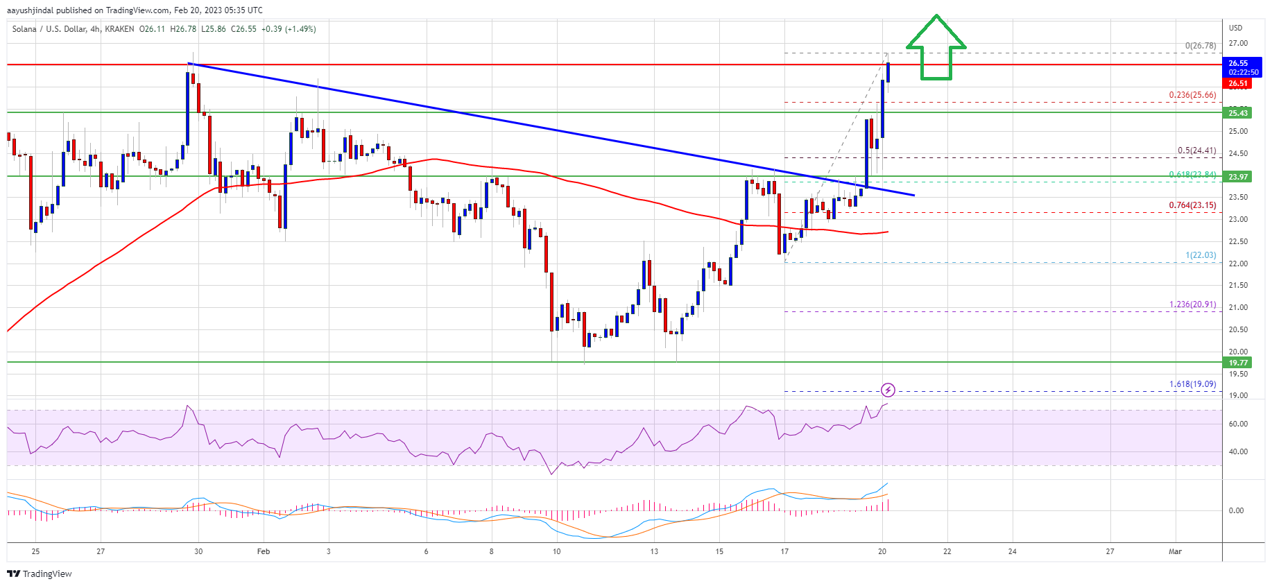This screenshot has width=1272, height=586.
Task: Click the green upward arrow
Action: [x=936, y=49]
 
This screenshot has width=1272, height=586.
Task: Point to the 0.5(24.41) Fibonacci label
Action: [x=1196, y=150]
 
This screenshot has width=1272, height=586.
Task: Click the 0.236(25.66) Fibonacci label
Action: [x=1192, y=95]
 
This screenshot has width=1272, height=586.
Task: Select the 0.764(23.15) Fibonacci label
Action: [x=1192, y=205]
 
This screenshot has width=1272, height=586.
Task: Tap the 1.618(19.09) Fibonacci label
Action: [x=1192, y=384]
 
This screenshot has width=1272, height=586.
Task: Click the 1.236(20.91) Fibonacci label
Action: [x=1192, y=304]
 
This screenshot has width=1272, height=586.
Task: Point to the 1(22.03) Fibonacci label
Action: [x=1200, y=255]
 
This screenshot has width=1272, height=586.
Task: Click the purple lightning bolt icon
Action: [x=888, y=390]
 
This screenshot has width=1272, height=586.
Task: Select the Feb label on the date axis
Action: [x=263, y=552]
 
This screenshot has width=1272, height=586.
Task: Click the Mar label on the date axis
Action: [x=1174, y=552]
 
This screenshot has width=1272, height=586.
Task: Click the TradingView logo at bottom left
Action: [x=40, y=574]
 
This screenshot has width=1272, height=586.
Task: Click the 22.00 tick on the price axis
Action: [x=1237, y=264]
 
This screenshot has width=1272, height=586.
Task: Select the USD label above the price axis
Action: [x=1235, y=28]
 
